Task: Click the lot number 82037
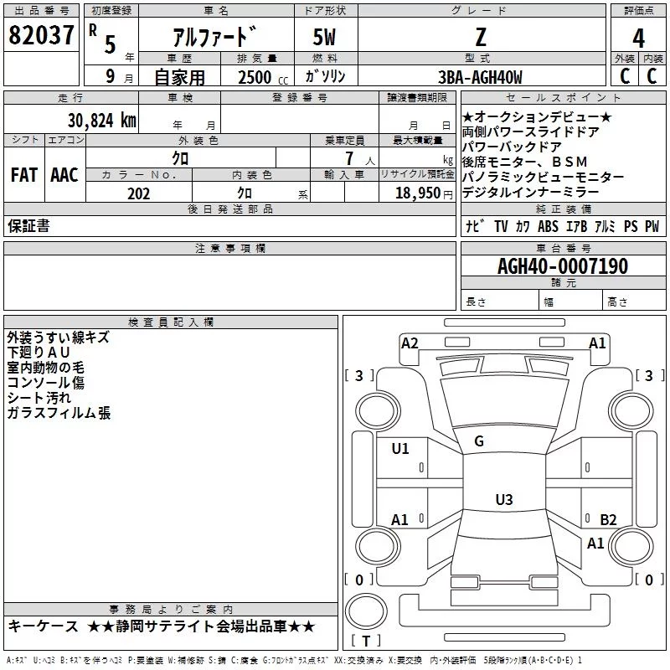[41, 35]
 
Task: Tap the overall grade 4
[638, 39]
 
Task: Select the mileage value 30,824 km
[102, 121]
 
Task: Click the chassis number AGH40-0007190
[563, 266]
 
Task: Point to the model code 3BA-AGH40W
[480, 77]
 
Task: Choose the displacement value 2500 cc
[263, 77]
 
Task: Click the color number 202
[138, 193]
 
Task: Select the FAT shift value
[24, 175]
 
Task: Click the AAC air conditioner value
[64, 175]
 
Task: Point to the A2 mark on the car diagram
[410, 343]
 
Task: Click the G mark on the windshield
[479, 441]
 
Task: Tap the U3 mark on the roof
[504, 499]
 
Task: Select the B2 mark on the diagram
[608, 519]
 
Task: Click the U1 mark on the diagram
[400, 449]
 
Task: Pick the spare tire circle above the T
[366, 611]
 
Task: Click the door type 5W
[324, 37]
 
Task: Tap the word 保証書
[28, 226]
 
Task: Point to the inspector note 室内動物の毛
[46, 368]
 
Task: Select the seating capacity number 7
[349, 158]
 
